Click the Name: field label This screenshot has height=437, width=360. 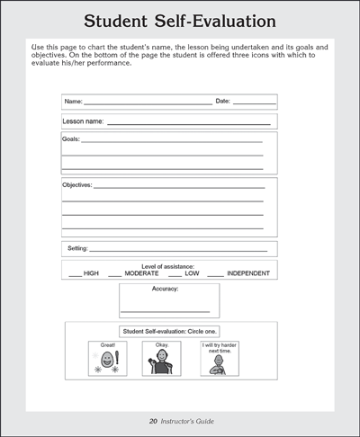74,102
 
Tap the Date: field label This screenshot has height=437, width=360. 222,102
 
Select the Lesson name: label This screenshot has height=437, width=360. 83,120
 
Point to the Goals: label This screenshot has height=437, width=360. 70,139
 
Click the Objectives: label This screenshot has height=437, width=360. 76,185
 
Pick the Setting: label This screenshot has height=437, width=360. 76,247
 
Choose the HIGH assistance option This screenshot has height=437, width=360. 91,272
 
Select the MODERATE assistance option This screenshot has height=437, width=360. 141,272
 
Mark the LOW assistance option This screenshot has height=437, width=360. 192,272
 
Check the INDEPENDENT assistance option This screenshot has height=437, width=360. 248,272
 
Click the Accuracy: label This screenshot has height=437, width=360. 166,290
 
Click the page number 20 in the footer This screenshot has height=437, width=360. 154,421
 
